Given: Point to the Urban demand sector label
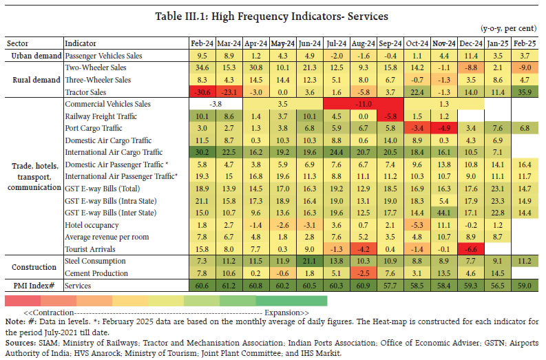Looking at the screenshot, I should [34, 55].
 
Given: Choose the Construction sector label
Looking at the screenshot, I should [34, 267].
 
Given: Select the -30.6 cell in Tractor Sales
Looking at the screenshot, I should [201, 92].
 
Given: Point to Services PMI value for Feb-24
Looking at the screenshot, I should [201, 285].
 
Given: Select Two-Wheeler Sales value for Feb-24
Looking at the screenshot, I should [201, 67].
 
